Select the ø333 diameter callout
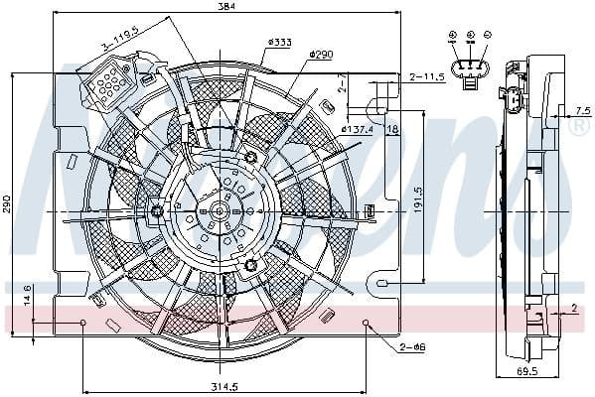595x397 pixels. click(279, 42)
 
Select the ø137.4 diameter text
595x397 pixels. click(357, 129)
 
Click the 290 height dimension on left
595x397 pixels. click(7, 203)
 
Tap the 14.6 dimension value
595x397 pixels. click(27, 294)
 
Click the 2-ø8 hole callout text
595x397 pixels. click(412, 348)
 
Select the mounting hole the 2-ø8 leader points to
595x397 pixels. click(366, 323)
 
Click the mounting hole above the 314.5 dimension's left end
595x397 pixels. click(83, 323)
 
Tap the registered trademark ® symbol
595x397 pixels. click(575, 128)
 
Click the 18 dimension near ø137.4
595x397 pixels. click(391, 129)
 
